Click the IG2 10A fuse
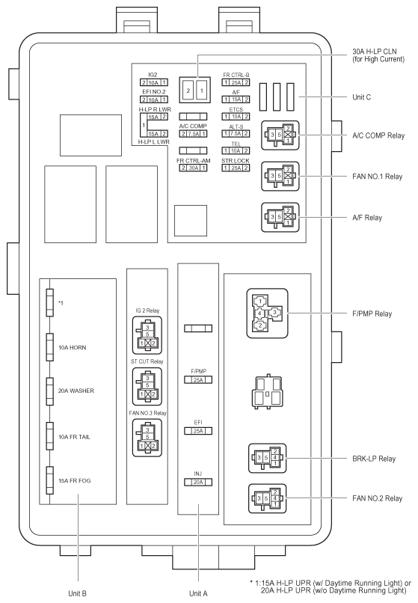[x=154, y=83]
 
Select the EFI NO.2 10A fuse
[x=154, y=100]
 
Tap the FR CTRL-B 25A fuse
[x=236, y=82]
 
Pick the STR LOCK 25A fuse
[x=236, y=168]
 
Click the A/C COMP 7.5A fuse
[x=193, y=134]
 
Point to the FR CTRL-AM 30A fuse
[x=193, y=168]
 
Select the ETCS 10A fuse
[x=236, y=117]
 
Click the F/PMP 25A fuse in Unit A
[x=198, y=380]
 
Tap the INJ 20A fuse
[x=198, y=482]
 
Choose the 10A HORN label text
[x=73, y=348]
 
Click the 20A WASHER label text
[x=76, y=391]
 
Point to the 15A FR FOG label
[x=75, y=481]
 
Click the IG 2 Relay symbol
[x=147, y=335]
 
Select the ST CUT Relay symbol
[x=147, y=387]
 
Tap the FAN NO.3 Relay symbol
[x=147, y=438]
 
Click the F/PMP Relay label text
[x=372, y=313]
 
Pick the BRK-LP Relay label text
[x=374, y=459]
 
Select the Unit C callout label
[x=361, y=97]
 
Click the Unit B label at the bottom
[x=77, y=593]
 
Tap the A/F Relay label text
[x=367, y=218]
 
